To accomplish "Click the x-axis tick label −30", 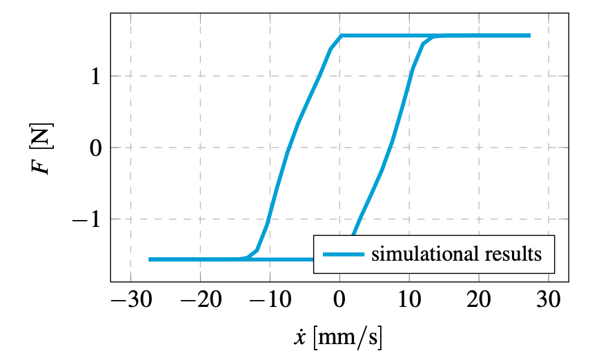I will click(x=130, y=301).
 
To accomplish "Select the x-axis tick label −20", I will click(x=200, y=301).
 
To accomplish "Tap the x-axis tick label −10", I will click(x=270, y=301).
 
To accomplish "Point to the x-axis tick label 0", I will click(x=340, y=301).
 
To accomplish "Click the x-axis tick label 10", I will click(x=410, y=301).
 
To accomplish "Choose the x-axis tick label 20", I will click(x=480, y=301).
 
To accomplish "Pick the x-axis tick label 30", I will click(x=549, y=301).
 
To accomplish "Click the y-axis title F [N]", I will click(x=43, y=148).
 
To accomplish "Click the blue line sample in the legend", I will click(x=342, y=254).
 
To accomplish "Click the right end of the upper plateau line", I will click(x=529, y=35).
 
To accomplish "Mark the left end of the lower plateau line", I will click(x=150, y=259).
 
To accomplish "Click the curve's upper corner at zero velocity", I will click(x=341, y=36).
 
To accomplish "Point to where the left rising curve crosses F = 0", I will click(x=287, y=148).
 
